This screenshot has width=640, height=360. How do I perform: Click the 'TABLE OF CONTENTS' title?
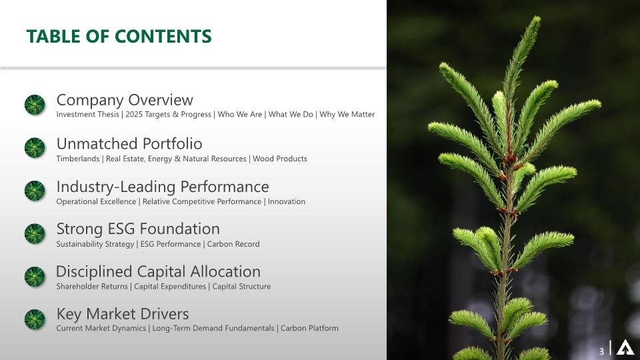coord(119,36)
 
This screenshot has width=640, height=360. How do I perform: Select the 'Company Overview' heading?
coord(125,100)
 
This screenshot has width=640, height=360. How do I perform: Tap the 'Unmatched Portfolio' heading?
coord(129,143)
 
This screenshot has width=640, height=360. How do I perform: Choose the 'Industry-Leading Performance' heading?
coord(163,187)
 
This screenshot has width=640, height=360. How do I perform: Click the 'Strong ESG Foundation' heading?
coord(138,229)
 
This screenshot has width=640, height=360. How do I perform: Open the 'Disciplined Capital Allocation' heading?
coord(158,271)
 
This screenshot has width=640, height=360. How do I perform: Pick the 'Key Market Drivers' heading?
coord(123,314)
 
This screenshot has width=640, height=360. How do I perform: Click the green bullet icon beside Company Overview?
coord(35,105)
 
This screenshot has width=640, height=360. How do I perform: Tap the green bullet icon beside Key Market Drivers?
coord(35,319)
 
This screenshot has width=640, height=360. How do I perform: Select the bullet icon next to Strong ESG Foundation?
coord(35,233)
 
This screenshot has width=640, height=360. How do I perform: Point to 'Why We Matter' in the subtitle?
coord(347,115)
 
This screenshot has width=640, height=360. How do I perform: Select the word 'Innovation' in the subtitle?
coord(287,201)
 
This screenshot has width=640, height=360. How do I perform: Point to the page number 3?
coord(601,351)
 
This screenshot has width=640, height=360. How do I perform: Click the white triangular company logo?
coord(625,349)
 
